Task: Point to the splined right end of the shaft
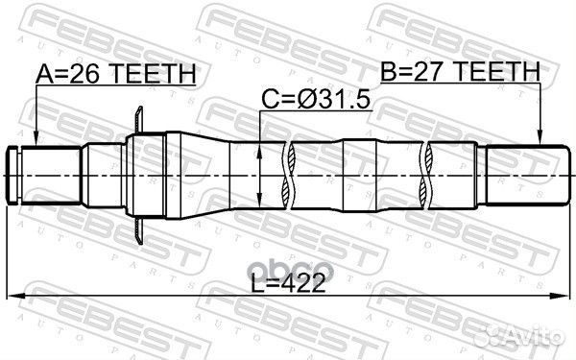[523, 175]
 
